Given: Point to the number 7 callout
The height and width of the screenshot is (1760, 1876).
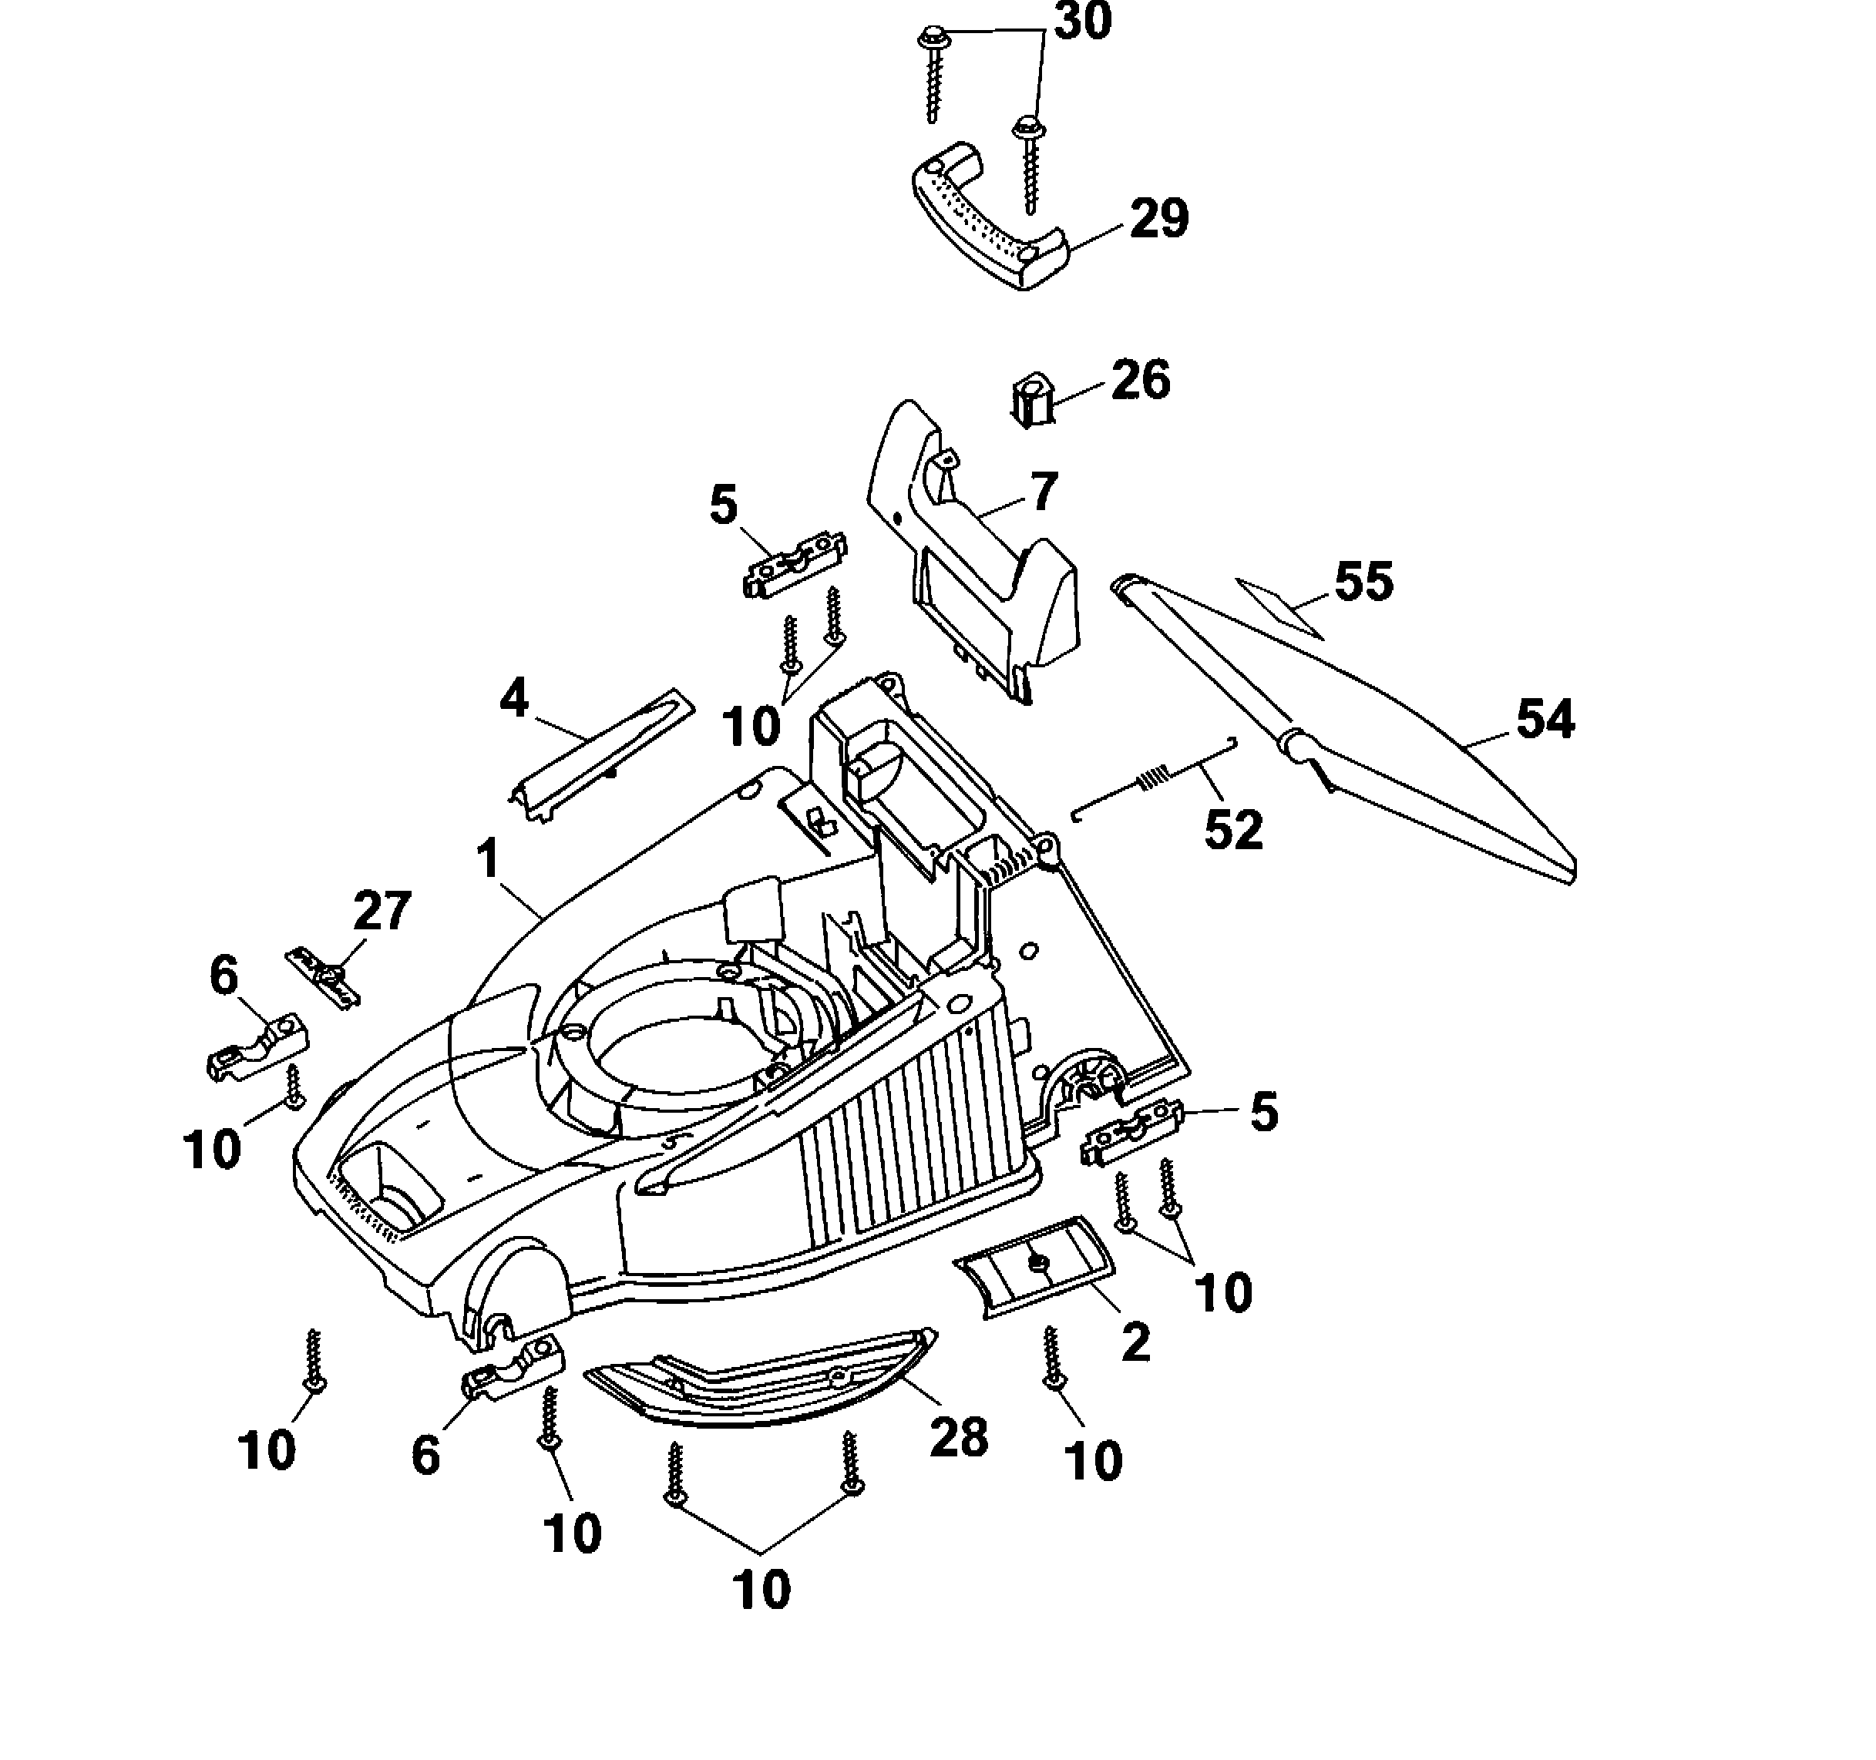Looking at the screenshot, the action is coord(1043,492).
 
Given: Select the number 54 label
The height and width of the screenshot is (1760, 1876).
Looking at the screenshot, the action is coord(1545,719).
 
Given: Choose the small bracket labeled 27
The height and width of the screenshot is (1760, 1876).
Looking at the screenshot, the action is coord(324,978).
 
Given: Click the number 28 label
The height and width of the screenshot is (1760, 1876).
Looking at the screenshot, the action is coord(959,1437).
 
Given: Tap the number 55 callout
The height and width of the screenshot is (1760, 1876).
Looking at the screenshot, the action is coord(1363,581).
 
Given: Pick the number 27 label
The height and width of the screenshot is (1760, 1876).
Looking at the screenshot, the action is coord(382,911).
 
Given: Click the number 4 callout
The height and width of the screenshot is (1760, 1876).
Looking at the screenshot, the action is coord(514,699).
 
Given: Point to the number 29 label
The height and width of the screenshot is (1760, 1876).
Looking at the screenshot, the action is coord(1160,219).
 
